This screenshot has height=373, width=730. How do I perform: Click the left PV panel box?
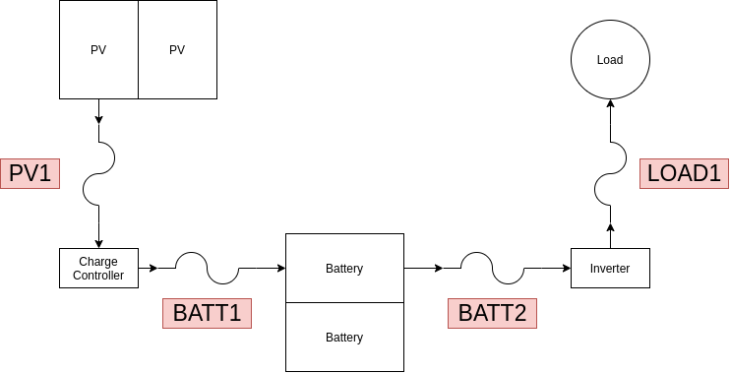pyautogui.click(x=98, y=50)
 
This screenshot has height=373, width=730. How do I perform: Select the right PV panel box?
pyautogui.click(x=177, y=50)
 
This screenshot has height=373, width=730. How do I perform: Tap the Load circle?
pyautogui.click(x=610, y=60)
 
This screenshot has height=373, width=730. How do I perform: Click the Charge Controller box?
pyautogui.click(x=98, y=268)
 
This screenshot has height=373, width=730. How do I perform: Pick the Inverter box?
pyautogui.click(x=610, y=268)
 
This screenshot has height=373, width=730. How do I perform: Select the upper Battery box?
pyautogui.click(x=344, y=268)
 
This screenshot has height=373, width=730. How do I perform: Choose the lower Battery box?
pyautogui.click(x=344, y=337)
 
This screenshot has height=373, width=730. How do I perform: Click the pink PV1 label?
pyautogui.click(x=30, y=174)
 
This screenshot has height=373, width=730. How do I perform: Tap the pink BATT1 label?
pyautogui.click(x=207, y=313)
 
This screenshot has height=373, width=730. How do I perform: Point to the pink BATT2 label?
pyautogui.click(x=492, y=313)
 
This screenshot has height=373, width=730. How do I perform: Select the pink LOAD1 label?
pyautogui.click(x=684, y=174)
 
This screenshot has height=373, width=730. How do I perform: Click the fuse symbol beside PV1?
pyautogui.click(x=98, y=173)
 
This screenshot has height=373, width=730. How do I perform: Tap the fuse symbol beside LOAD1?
pyautogui.click(x=610, y=173)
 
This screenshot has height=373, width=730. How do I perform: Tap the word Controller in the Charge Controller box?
pyautogui.click(x=98, y=276)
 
